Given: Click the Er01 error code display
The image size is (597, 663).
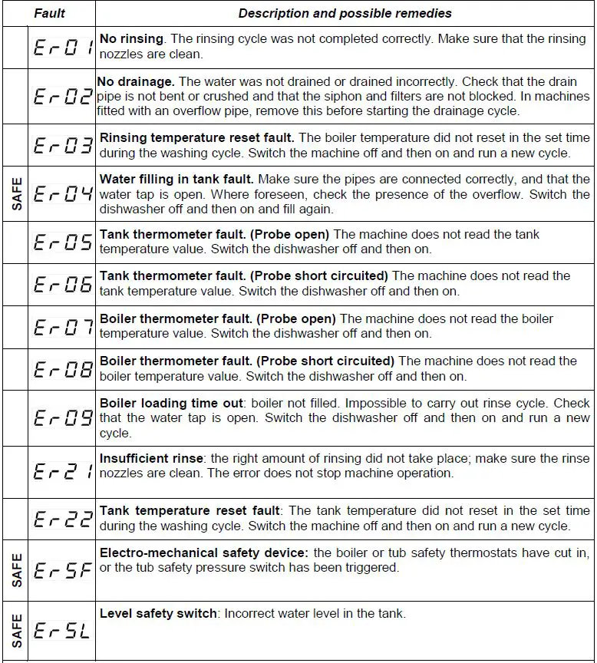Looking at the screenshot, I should click(63, 48).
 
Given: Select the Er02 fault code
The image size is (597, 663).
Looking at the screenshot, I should click(63, 97).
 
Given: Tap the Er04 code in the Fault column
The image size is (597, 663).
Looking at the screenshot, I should click(63, 194).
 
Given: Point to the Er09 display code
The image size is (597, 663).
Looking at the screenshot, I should click(63, 418).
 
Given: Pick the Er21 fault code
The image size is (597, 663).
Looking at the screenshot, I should click(63, 472).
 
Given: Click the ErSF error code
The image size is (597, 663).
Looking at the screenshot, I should click(63, 569).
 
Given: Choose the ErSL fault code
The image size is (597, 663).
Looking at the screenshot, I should click(63, 632).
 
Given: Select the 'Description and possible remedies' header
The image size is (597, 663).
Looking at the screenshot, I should click(345, 13).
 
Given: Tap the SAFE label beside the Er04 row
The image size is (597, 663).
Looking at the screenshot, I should click(16, 194).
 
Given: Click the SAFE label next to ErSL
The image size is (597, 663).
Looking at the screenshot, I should click(16, 632).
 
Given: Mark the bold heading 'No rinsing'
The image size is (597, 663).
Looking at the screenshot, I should click(131, 39).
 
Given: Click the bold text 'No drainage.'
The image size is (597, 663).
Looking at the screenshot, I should click(137, 82).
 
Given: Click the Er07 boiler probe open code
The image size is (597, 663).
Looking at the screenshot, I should click(63, 328).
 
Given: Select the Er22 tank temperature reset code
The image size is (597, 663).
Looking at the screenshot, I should click(63, 520).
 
